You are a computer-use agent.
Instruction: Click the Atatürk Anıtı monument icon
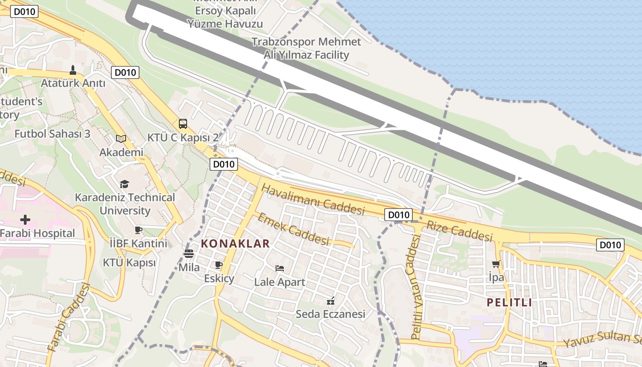point(72,70)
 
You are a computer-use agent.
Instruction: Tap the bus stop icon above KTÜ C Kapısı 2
point(183,124)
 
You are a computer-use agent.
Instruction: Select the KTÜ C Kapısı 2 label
point(183,138)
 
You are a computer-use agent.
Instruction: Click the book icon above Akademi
point(121,139)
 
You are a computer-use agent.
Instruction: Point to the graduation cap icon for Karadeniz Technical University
point(124,184)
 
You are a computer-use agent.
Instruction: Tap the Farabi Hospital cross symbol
point(25,220)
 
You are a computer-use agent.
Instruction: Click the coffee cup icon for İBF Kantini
point(138,230)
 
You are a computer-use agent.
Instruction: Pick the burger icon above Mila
point(189,254)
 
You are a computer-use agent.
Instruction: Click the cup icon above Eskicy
point(219,265)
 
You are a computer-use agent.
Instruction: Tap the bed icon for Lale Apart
point(279,268)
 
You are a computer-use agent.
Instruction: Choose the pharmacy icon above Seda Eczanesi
point(330,301)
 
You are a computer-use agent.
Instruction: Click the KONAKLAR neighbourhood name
point(236,244)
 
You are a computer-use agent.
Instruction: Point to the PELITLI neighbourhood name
point(509,302)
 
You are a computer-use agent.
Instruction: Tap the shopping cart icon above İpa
point(496,264)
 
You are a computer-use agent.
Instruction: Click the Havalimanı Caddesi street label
point(313,200)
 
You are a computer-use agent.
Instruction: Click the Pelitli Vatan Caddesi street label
point(415,287)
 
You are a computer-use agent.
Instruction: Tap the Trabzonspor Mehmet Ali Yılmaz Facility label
point(306,48)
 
